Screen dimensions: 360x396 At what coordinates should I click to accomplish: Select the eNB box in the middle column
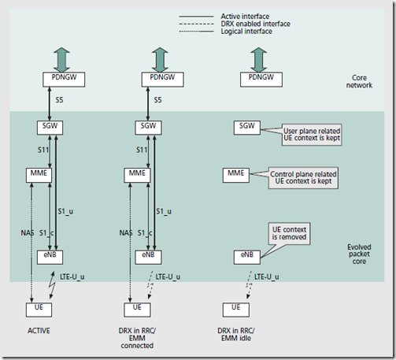click(x=147, y=257)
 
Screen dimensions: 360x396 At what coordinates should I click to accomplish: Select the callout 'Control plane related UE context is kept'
click(x=302, y=176)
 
